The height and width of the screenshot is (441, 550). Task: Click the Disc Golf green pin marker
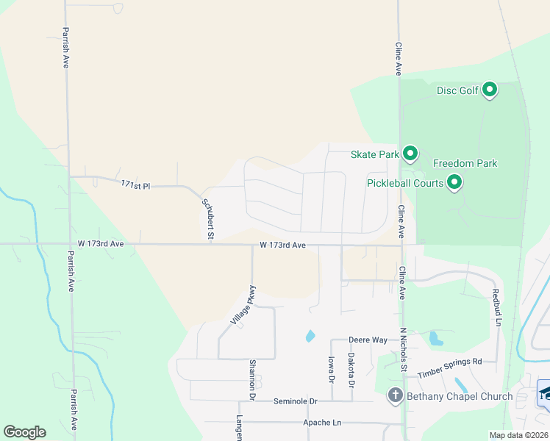click(490, 90)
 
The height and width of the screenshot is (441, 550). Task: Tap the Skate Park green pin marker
click(410, 154)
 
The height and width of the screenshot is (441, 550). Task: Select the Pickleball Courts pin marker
click(454, 182)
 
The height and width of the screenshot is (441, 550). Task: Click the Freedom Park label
click(465, 163)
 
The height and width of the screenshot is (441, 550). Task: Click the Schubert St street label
click(207, 218)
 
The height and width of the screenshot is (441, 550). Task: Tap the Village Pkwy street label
click(243, 305)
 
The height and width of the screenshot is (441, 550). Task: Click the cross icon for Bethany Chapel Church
click(394, 396)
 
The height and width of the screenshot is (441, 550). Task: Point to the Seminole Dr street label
click(295, 401)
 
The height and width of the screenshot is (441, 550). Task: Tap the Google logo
click(24, 432)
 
